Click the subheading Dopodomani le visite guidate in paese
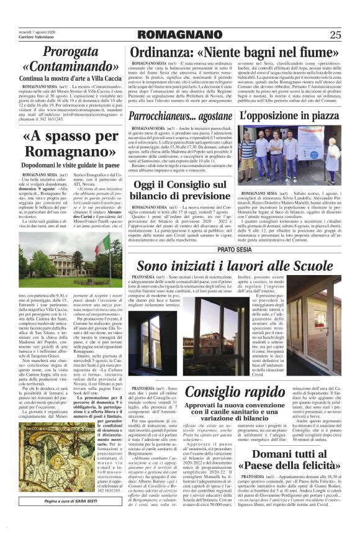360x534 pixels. (x=61, y=165)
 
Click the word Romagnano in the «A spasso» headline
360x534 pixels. (x=61, y=152)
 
